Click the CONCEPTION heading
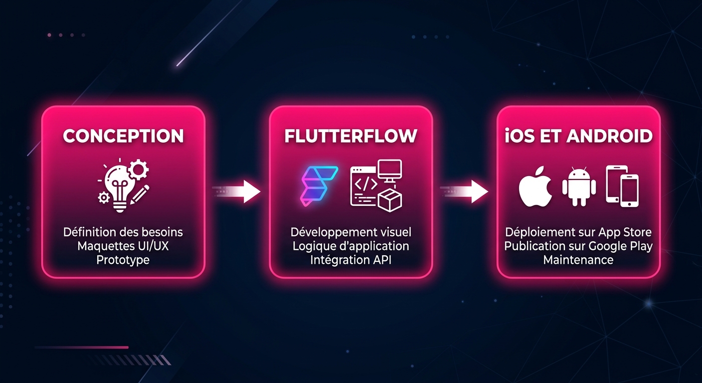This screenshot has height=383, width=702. click(123, 136)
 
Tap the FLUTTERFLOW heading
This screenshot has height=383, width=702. click(351, 136)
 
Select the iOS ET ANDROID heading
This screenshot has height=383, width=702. click(578, 136)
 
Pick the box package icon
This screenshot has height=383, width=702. click(390, 199)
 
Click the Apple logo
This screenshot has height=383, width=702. click(535, 190)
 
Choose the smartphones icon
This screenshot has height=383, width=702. click(622, 186)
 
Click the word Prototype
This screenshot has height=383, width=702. click(123, 260)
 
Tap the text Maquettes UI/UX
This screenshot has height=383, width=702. click(123, 246)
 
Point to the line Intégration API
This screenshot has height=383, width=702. click(351, 260)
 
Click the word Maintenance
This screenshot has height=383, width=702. click(578, 260)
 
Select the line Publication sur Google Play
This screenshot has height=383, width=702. click(578, 246)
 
